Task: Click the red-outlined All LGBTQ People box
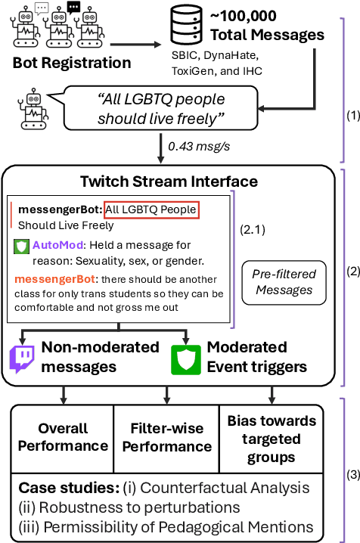click(x=151, y=209)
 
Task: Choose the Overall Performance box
click(x=62, y=436)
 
